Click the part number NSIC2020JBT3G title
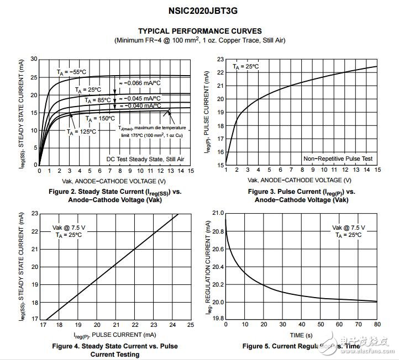click(x=200, y=10)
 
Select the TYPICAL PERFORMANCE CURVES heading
click(x=200, y=31)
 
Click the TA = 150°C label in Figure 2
click(x=100, y=118)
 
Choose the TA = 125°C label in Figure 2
click(x=81, y=131)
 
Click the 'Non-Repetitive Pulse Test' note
click(x=338, y=159)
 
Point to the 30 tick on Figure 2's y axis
click(x=34, y=59)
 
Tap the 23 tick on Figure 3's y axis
click(x=220, y=59)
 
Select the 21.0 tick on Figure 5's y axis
click(x=217, y=213)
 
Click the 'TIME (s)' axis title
click(x=301, y=335)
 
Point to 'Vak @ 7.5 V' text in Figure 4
click(x=69, y=227)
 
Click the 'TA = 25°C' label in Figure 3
click(x=245, y=66)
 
